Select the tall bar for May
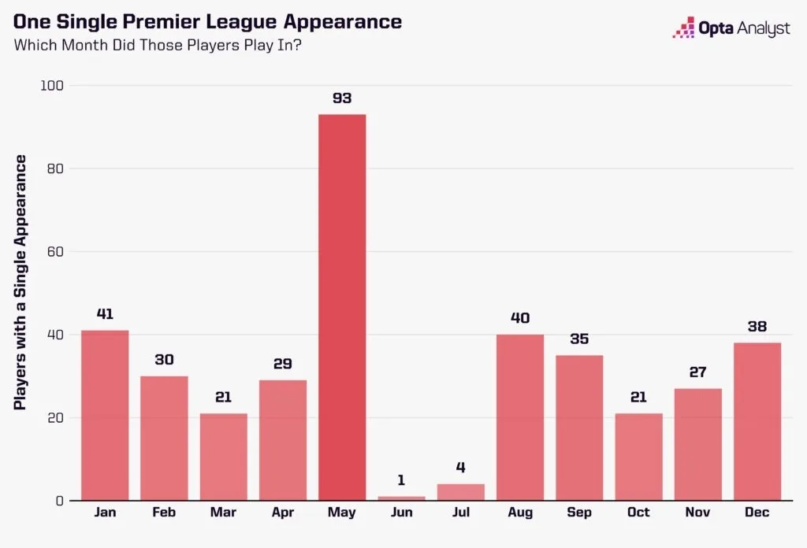coord(342,307)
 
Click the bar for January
coord(105,415)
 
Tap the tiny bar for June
coord(401,498)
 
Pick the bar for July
coord(460,492)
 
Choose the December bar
coord(757,421)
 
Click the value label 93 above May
coord(342,98)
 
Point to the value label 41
coord(105,314)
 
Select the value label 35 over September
coord(579,339)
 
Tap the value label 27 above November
coord(697,372)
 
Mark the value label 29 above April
coord(283,364)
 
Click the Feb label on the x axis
coord(164,513)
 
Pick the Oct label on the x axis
coord(638,513)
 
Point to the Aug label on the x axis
coord(519,513)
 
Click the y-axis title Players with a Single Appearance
coord(21,282)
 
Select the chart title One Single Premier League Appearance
coord(207,21)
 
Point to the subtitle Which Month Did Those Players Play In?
coord(158,45)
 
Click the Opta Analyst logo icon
coord(682,28)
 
